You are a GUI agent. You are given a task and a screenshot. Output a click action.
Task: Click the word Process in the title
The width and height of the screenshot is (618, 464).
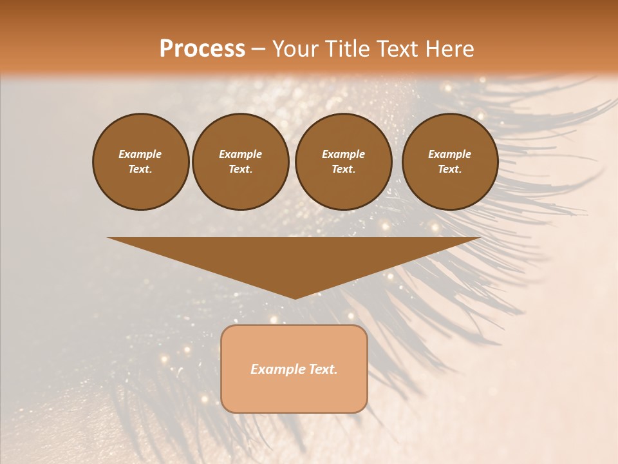(x=202, y=49)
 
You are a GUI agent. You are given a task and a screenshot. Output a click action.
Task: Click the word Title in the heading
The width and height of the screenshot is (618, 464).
(x=346, y=49)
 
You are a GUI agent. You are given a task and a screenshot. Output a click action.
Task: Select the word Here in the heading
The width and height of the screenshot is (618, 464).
(x=447, y=49)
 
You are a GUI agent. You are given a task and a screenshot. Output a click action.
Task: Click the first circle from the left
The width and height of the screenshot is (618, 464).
(x=141, y=162)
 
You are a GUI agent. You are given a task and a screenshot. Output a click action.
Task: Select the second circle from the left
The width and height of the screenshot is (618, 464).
(x=241, y=162)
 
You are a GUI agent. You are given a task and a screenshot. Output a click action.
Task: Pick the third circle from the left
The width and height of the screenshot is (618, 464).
(x=344, y=162)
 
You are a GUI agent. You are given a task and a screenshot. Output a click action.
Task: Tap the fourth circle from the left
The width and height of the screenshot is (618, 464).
(x=450, y=162)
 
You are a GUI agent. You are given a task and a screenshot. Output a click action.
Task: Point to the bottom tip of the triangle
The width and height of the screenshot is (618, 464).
(x=295, y=298)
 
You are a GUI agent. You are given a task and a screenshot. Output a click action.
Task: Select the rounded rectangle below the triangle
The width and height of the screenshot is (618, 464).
(x=294, y=369)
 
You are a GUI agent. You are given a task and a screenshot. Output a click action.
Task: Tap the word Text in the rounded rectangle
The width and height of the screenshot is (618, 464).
(x=323, y=369)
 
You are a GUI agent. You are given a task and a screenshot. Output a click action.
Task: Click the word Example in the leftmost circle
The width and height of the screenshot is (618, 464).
(x=140, y=154)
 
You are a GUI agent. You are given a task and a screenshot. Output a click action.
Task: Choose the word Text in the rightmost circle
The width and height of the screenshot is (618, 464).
(x=449, y=169)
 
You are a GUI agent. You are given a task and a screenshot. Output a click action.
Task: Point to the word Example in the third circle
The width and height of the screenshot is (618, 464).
(x=343, y=154)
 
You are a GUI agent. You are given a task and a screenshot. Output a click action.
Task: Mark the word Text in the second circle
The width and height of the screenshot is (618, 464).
(x=240, y=169)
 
